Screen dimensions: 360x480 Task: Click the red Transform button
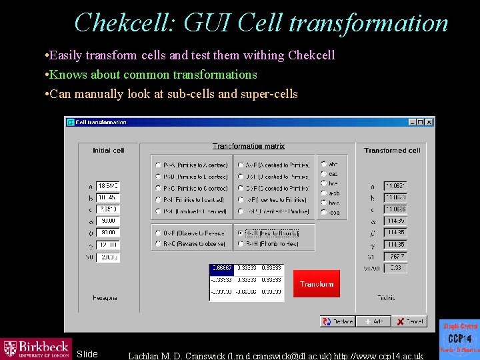coord(316,284)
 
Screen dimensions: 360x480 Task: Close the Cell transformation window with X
coord(429,122)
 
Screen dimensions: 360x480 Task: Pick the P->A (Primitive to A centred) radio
coord(157,165)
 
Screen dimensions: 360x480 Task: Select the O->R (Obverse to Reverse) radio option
coord(157,233)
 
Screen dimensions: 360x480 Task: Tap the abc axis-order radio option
coord(324,164)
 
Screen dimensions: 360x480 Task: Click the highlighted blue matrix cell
coord(221,268)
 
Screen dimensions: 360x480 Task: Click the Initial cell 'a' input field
coord(107,186)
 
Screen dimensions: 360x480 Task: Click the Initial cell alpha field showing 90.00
coord(107,221)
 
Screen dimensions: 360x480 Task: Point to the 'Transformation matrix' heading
coord(249,146)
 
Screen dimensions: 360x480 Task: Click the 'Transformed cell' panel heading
coord(392,151)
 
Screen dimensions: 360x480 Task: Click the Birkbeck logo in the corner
coord(36,348)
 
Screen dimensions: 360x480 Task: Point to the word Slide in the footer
coord(87,354)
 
